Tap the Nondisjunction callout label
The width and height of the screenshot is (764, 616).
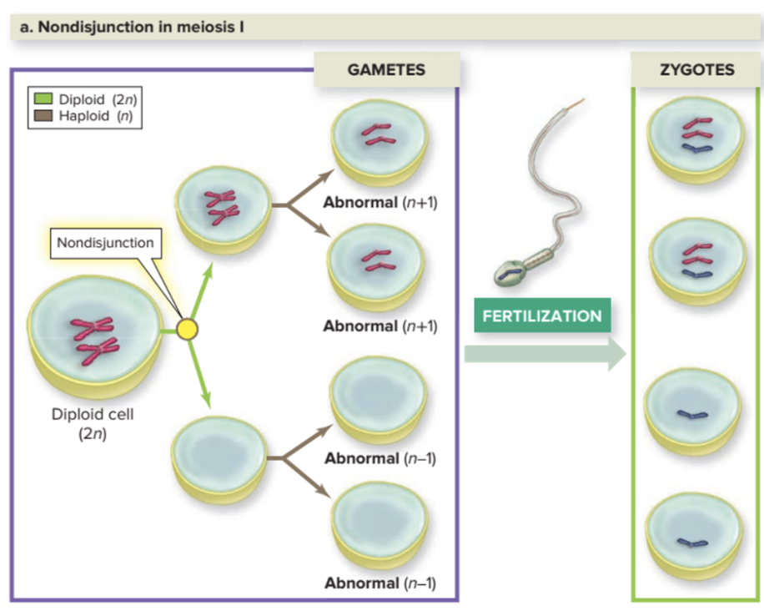[105, 243]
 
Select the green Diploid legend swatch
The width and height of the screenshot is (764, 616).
[43, 101]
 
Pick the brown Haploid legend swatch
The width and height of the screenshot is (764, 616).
[43, 115]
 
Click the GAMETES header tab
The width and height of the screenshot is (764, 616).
[385, 69]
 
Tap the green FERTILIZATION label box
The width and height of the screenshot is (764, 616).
[541, 316]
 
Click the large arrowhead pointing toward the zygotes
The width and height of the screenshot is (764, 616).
[616, 355]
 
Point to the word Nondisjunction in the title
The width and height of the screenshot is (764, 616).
[78, 28]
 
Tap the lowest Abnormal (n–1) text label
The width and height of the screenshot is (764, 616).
[379, 582]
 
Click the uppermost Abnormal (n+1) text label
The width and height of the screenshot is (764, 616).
[379, 203]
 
